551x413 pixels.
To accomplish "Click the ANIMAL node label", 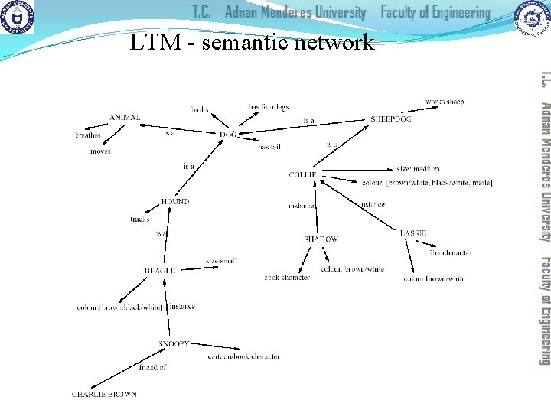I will click(125, 117).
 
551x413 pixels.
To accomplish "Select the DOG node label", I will click(227, 134).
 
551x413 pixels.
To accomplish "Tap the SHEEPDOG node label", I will click(390, 119).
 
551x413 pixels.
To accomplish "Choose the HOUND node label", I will click(174, 201).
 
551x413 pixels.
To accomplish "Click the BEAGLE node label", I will click(160, 270).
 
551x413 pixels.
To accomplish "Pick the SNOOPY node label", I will click(174, 344).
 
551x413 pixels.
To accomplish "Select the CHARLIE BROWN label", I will click(104, 394).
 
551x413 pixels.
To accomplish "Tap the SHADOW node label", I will click(321, 239).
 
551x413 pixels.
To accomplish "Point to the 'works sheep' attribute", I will click(445, 102).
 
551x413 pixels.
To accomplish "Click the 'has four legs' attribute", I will click(269, 106).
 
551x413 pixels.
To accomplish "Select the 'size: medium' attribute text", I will click(418, 169).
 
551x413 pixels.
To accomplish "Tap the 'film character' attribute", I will click(449, 252).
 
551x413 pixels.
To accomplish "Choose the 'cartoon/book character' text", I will click(243, 356).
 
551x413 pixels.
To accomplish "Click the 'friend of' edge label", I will click(152, 367).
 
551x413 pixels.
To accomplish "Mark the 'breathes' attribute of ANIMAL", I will click(87, 135).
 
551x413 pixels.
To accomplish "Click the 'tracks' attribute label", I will click(139, 220).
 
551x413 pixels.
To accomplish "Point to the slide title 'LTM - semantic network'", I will click(252, 42).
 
